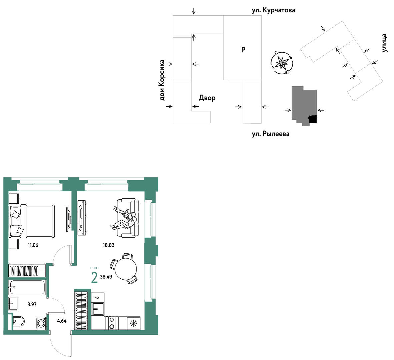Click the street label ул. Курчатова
(273, 10)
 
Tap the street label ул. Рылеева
(270, 134)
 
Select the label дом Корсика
(162, 80)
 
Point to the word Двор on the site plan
(207, 98)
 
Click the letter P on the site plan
(243, 50)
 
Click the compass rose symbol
(282, 63)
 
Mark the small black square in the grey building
(313, 119)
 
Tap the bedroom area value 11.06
(33, 245)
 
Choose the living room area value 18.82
(108, 245)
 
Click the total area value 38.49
(106, 277)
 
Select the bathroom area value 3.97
(32, 305)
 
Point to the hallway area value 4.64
(62, 321)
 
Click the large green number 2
(94, 277)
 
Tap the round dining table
(126, 269)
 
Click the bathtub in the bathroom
(27, 287)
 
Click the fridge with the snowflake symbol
(134, 323)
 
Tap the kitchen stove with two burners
(112, 323)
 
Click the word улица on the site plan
(384, 43)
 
